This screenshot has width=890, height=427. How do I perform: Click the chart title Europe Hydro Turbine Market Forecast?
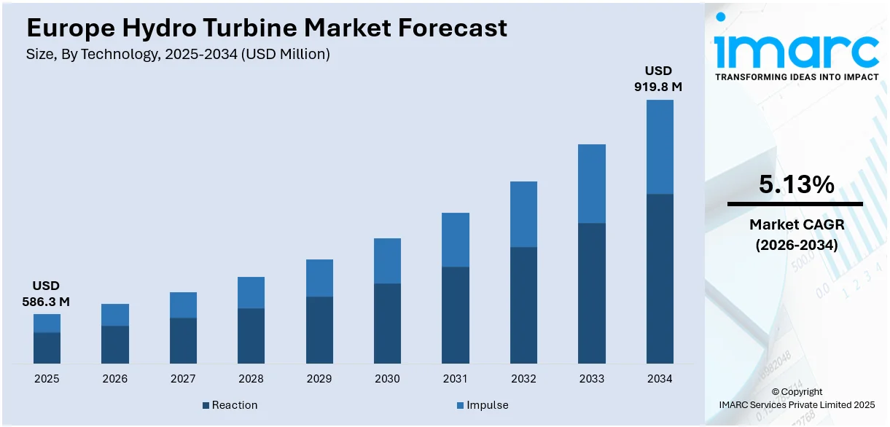pos(267,28)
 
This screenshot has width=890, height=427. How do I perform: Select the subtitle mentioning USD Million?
pos(178,55)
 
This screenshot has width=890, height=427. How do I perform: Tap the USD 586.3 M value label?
pos(47,293)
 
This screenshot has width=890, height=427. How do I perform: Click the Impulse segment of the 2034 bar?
pos(660,146)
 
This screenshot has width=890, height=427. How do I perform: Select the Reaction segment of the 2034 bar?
pos(660,278)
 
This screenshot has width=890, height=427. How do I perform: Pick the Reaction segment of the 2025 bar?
pos(47,348)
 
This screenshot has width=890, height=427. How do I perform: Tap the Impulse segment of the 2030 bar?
pos(387,261)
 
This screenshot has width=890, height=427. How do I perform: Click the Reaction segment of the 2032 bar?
pos(523,305)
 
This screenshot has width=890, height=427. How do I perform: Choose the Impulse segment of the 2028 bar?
pos(251,292)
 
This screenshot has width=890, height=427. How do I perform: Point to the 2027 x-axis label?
pos(183,379)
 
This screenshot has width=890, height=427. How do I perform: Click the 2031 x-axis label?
pos(456,379)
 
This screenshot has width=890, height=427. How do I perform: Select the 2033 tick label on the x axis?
pos(592,379)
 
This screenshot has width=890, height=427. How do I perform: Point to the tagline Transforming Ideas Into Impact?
pos(796,77)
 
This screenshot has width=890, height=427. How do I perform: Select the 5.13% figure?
pos(796,185)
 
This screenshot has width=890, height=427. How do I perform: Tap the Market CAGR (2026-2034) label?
pos(796,235)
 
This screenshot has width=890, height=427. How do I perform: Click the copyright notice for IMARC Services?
pos(796,398)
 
